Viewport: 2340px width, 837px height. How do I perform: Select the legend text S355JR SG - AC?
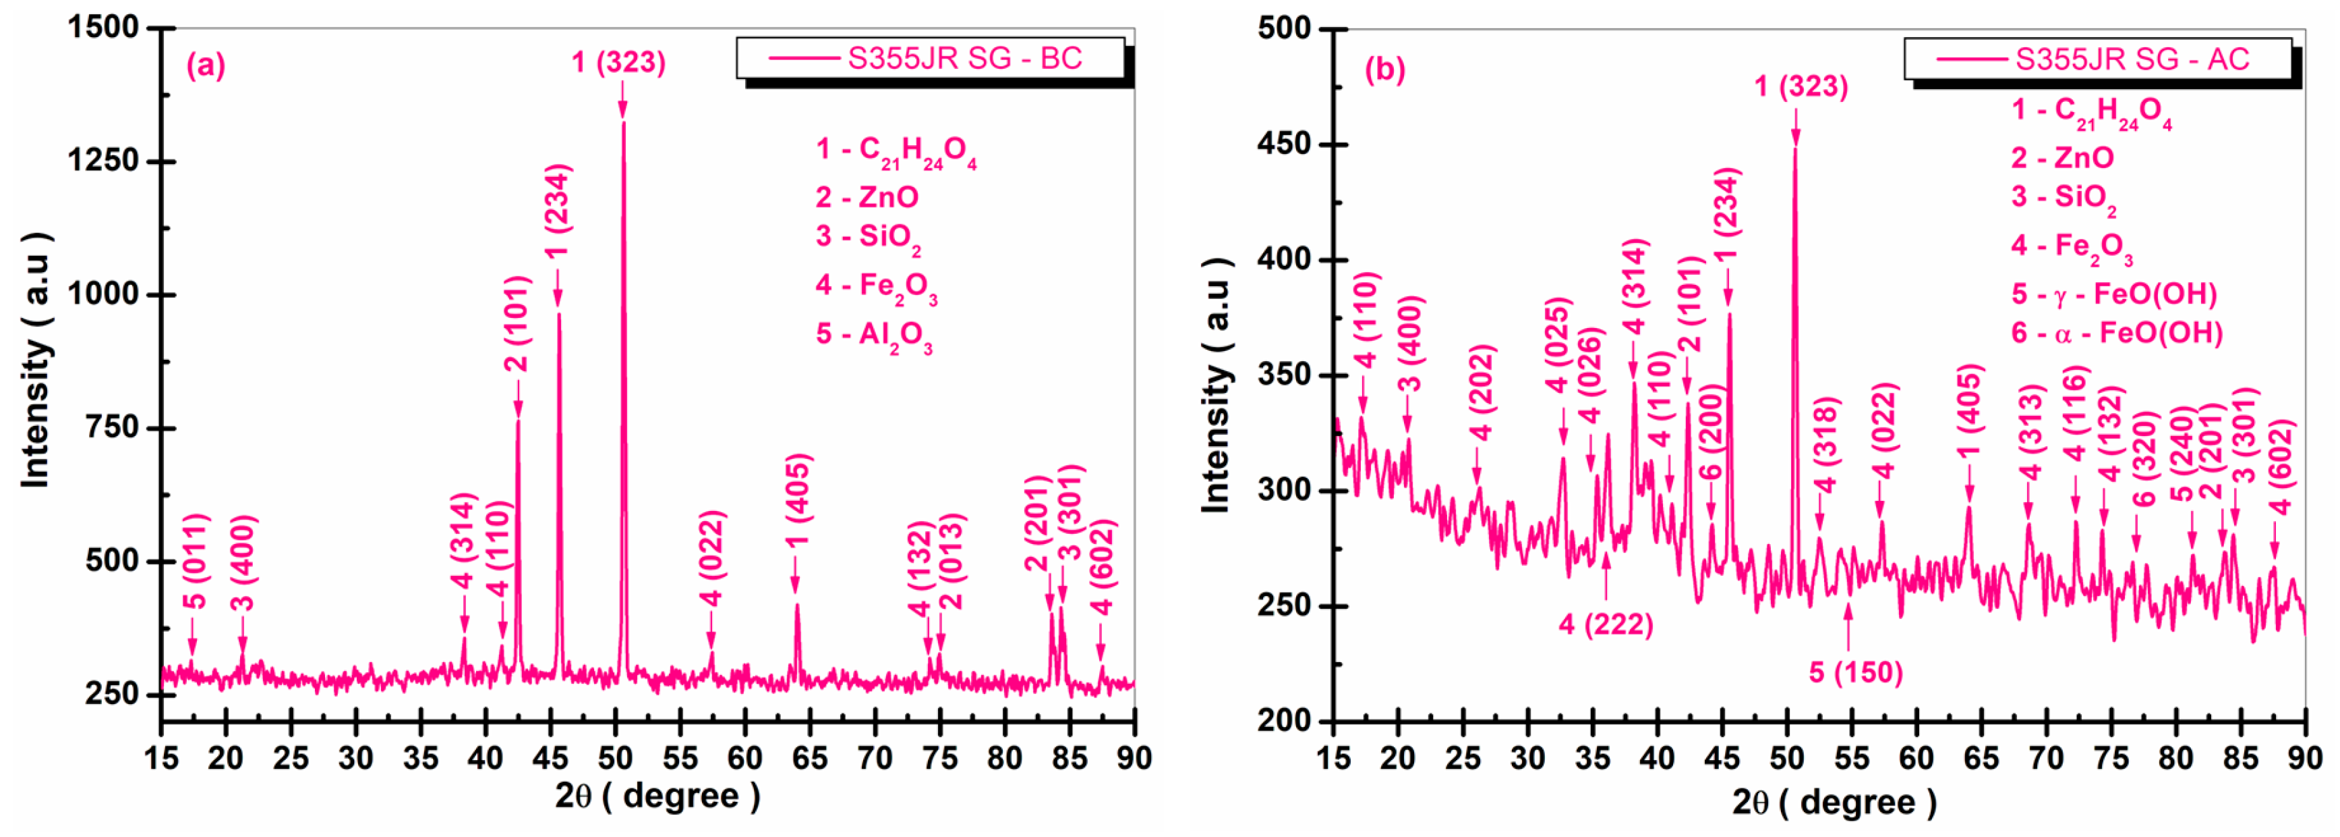click(x=2132, y=59)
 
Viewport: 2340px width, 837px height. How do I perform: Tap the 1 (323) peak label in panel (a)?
click(x=618, y=62)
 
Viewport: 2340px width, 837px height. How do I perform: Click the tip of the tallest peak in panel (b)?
click(x=1795, y=148)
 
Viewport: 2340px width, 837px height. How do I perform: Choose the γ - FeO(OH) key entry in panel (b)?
click(x=2114, y=294)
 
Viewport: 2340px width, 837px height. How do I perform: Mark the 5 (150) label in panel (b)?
click(x=1855, y=672)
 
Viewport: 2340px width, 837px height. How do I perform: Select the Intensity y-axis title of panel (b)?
click(x=1217, y=385)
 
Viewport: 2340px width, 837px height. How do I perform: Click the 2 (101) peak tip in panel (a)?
click(x=518, y=420)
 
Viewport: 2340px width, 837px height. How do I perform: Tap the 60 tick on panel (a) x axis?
click(x=745, y=757)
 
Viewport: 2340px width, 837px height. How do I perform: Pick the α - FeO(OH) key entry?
click(x=2117, y=333)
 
